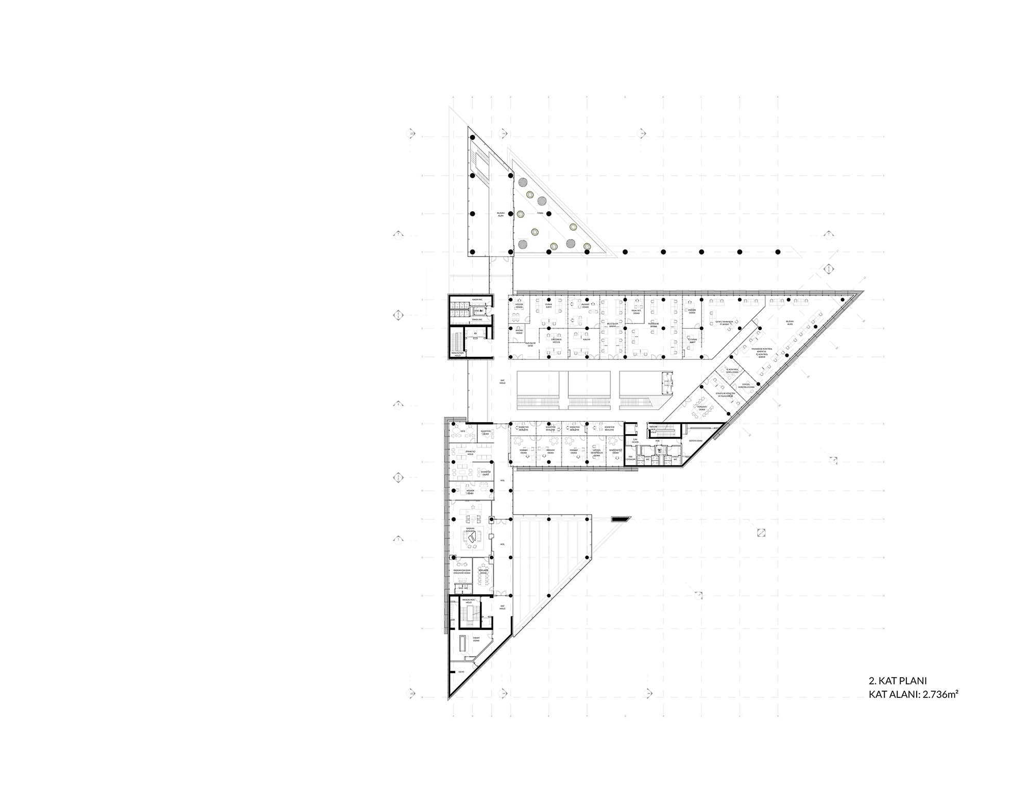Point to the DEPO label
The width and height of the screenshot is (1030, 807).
pos(461,672)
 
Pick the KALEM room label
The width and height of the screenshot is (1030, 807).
pos(586,340)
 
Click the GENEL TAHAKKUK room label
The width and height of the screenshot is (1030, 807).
pos(724,323)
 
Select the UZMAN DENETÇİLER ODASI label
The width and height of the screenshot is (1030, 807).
pos(596,451)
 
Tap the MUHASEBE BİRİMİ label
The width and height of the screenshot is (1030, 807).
pos(654,325)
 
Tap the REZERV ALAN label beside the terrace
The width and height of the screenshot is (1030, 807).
pos(500,214)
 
